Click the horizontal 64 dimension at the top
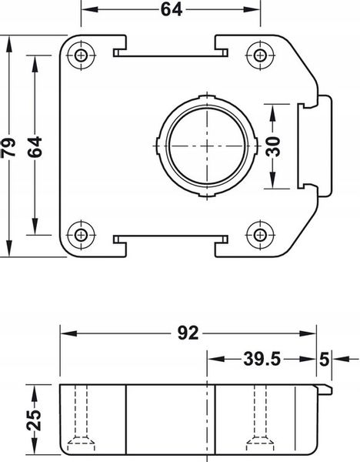172,10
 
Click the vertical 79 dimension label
8,147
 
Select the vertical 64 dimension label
35,146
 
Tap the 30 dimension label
273,146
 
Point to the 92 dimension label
188,333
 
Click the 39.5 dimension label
262,359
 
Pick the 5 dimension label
324,360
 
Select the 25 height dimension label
34,420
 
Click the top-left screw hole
81,55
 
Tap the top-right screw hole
260,55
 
